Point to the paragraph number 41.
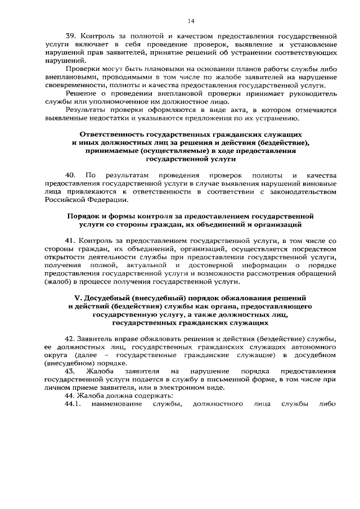tap(70, 241)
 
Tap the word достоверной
tap(217, 265)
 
